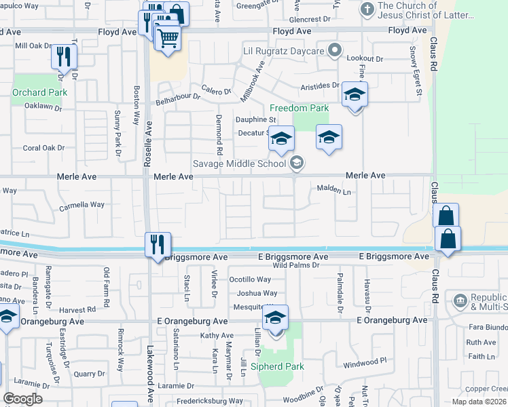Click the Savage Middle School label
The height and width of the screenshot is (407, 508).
[239, 163]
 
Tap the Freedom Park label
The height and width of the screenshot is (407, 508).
[299, 108]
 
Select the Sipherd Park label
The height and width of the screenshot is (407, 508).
[277, 366]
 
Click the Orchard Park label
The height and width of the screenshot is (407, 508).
[39, 92]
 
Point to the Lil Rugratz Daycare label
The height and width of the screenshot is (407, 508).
[285, 50]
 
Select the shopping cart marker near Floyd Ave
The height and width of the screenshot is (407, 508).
[168, 38]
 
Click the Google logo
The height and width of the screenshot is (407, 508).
[22, 399]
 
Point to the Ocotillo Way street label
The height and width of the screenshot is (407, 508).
[250, 279]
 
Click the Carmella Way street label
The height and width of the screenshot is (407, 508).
[82, 205]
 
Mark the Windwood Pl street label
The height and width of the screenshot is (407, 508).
[365, 361]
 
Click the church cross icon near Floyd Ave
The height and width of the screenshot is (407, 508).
[367, 9]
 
